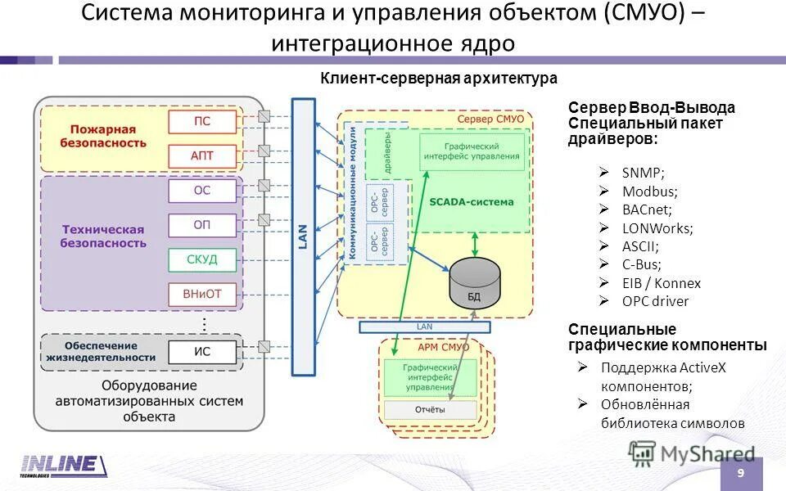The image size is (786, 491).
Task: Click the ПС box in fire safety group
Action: point(202,122)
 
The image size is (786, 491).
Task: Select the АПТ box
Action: point(202,155)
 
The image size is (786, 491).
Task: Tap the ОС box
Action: point(202,191)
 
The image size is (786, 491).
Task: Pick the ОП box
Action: point(202,225)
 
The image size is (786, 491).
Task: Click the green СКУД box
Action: point(202,260)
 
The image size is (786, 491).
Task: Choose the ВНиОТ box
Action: point(202,294)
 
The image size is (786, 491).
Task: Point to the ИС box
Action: point(202,353)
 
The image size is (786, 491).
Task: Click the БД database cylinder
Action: point(474,282)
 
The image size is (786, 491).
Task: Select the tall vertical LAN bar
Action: point(303,237)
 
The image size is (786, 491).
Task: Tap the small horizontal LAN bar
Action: point(425,327)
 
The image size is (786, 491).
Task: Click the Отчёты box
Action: point(430,409)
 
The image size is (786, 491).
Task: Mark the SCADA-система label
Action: point(472,201)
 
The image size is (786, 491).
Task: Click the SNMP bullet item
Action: point(643,173)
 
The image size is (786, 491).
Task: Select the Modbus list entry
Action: point(650,191)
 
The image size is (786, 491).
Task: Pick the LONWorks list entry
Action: point(657,227)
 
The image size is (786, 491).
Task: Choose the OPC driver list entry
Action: point(655,301)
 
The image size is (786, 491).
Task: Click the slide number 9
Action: point(741,474)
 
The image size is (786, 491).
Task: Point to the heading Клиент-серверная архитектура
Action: point(438,79)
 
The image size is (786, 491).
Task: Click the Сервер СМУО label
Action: point(490,119)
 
